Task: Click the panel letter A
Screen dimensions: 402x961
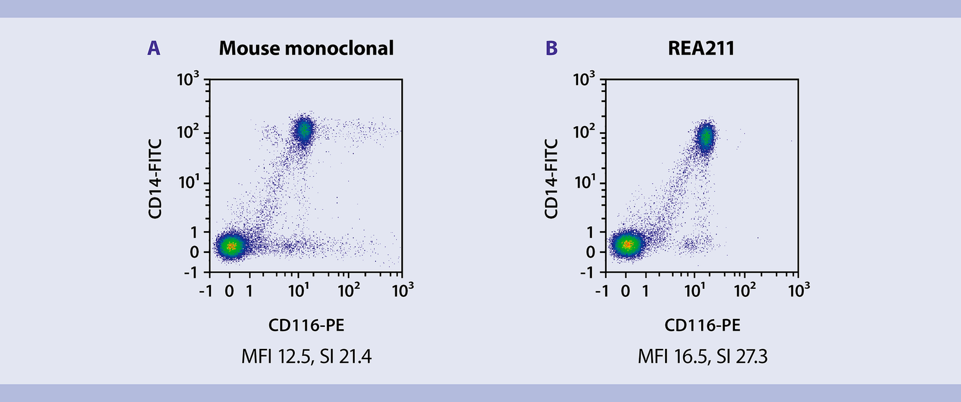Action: pyautogui.click(x=154, y=48)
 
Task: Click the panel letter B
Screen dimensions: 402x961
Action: pyautogui.click(x=551, y=48)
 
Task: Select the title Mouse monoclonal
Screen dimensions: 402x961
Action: pyautogui.click(x=306, y=48)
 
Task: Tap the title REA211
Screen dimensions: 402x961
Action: pyautogui.click(x=701, y=48)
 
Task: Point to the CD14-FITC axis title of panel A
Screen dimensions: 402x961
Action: pyautogui.click(x=155, y=179)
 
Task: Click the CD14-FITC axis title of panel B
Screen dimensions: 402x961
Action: pyautogui.click(x=551, y=179)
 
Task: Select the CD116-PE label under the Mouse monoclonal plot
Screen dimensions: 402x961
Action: pyautogui.click(x=306, y=325)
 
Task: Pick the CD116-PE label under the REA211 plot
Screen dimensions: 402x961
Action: pyautogui.click(x=702, y=325)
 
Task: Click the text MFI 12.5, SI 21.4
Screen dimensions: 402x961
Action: pyautogui.click(x=306, y=356)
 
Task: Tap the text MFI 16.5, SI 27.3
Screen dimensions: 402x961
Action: pyautogui.click(x=702, y=356)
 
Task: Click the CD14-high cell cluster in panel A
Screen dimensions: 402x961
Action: pyautogui.click(x=303, y=130)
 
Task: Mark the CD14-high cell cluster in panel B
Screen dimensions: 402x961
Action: pyautogui.click(x=705, y=137)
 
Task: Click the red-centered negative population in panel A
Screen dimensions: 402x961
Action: pyautogui.click(x=230, y=246)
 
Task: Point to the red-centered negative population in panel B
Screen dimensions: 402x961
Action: pyautogui.click(x=627, y=245)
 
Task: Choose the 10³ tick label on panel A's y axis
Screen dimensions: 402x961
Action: pyautogui.click(x=188, y=79)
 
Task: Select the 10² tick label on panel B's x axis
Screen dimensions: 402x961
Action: pyautogui.click(x=744, y=290)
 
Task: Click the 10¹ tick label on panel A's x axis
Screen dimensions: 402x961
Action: pyautogui.click(x=298, y=290)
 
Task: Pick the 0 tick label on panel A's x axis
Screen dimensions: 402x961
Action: pyautogui.click(x=229, y=291)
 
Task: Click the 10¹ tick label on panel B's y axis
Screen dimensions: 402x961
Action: pyautogui.click(x=584, y=181)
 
